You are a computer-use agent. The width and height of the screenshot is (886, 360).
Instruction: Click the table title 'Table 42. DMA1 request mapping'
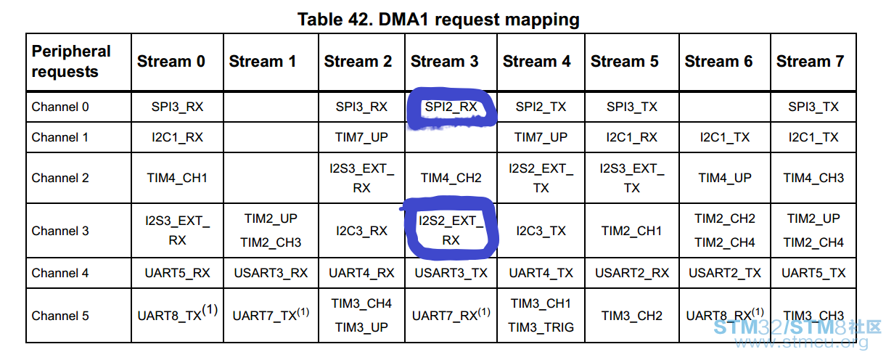[438, 20]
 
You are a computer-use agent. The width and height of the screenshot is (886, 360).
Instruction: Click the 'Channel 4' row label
[60, 273]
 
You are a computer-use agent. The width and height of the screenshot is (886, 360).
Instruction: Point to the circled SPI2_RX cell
[451, 107]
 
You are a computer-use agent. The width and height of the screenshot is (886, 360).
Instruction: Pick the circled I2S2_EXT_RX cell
[451, 230]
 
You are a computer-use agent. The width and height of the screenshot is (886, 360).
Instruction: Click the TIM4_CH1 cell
[177, 178]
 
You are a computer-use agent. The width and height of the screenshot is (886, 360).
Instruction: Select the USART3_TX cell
[451, 273]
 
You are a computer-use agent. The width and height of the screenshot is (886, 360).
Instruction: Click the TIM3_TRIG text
[541, 327]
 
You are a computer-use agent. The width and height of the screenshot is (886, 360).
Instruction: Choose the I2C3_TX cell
[541, 231]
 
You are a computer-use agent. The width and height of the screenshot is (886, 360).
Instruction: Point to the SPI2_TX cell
[541, 107]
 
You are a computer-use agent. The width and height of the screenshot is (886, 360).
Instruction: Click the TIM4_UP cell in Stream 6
[725, 178]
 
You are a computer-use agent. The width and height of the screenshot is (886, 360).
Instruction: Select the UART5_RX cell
[177, 273]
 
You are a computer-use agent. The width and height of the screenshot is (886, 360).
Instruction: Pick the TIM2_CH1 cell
[632, 231]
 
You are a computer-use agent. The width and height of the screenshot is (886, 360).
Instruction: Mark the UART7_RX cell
[451, 314]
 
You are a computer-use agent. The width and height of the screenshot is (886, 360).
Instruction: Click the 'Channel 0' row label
[60, 107]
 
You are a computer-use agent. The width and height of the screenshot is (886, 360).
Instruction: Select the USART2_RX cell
[632, 273]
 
